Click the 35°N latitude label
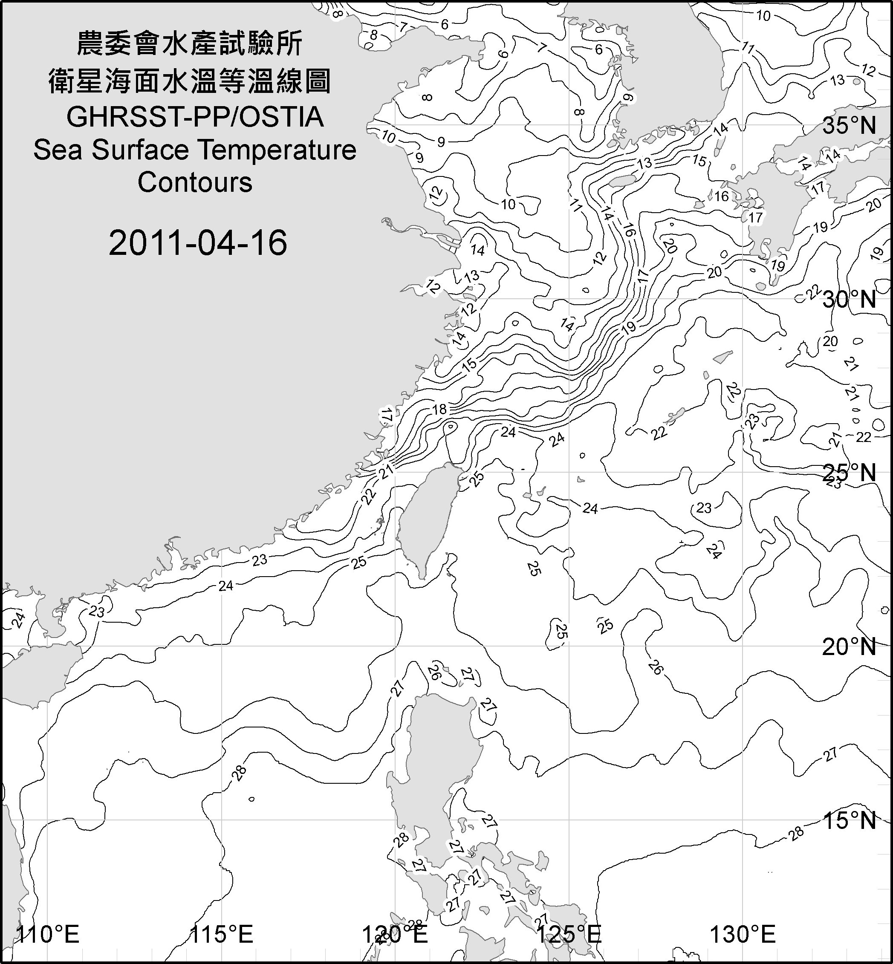tap(849, 126)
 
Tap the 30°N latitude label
tap(849, 300)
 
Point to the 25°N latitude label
tap(849, 473)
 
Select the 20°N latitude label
tap(849, 647)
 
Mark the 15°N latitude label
tap(849, 820)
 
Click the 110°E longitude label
tap(48, 935)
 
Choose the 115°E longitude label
tap(222, 935)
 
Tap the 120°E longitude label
tap(395, 935)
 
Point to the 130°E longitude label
tap(743, 935)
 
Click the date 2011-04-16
tap(198, 242)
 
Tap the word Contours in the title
tap(195, 183)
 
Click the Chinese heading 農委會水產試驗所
tap(190, 43)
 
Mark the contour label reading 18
tap(439, 410)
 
